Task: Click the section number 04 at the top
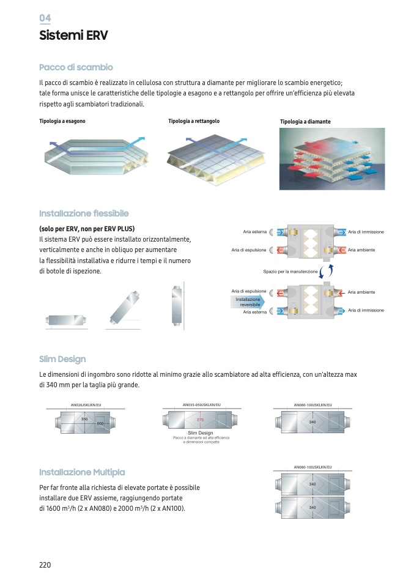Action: [x=45, y=18]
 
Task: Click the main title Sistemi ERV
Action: [x=73, y=35]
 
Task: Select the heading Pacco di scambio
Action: [x=76, y=67]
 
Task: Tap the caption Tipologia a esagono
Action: [x=62, y=121]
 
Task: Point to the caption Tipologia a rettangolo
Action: [x=194, y=121]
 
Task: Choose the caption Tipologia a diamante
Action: [x=305, y=122]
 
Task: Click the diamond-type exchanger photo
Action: [x=332, y=158]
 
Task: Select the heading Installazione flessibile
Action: [x=84, y=213]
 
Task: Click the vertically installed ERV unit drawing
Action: [x=177, y=306]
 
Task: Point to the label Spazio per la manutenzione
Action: [x=290, y=271]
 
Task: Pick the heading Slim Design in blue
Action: [x=62, y=359]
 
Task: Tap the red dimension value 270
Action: [x=200, y=420]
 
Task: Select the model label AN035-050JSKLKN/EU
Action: [x=202, y=404]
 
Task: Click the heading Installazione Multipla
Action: [x=82, y=472]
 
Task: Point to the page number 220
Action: [x=45, y=565]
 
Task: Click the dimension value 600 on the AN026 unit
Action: [x=100, y=423]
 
